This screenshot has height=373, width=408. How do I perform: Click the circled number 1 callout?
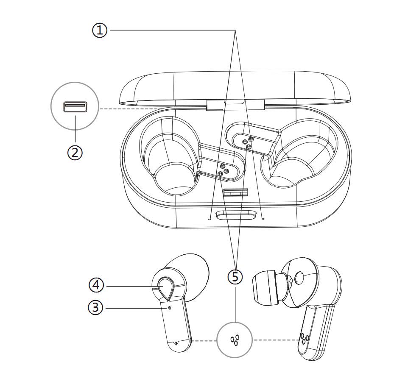coord(100,30)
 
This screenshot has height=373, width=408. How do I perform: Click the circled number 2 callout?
coord(75,152)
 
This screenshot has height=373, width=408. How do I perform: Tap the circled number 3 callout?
coord(95,308)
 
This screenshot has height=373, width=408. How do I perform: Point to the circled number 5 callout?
coord(235,277)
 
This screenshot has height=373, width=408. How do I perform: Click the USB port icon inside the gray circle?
coord(75,107)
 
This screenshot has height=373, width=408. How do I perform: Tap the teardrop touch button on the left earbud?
coord(165,287)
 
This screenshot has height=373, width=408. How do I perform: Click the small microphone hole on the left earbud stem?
coord(170,308)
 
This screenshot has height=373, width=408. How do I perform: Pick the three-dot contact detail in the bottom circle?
coord(235,340)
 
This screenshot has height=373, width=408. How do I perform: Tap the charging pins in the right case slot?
coord(248,142)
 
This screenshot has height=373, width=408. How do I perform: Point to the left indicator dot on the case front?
coord(210,219)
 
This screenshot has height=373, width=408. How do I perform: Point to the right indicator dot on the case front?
coord(263,219)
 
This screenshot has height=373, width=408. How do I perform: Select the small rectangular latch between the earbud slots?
coord(235,193)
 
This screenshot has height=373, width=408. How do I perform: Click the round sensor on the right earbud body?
coord(299,278)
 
